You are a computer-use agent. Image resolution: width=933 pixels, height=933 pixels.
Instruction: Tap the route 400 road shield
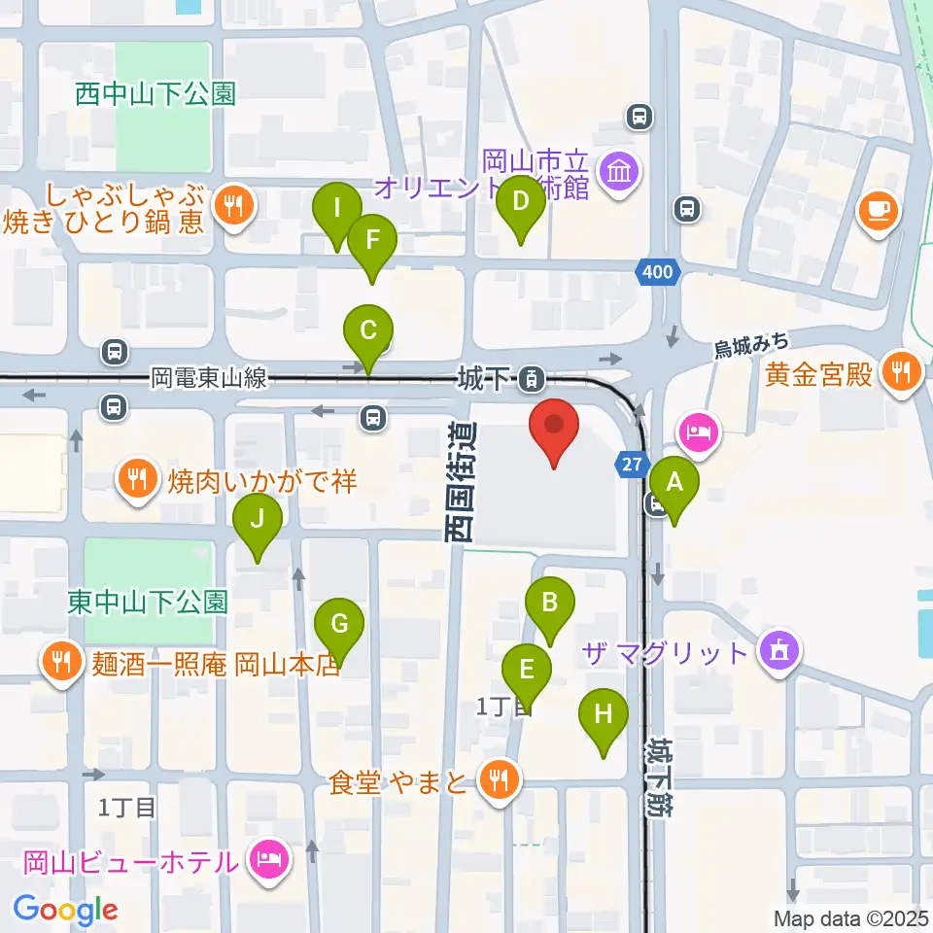coord(657,273)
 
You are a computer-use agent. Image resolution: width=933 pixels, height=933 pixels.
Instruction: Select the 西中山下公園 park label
coord(155,94)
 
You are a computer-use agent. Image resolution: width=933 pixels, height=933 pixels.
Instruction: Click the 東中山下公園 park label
coord(148,603)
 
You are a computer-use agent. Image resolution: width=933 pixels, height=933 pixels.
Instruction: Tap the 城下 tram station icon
coord(531,377)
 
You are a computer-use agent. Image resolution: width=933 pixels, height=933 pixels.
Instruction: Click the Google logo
coord(65,911)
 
